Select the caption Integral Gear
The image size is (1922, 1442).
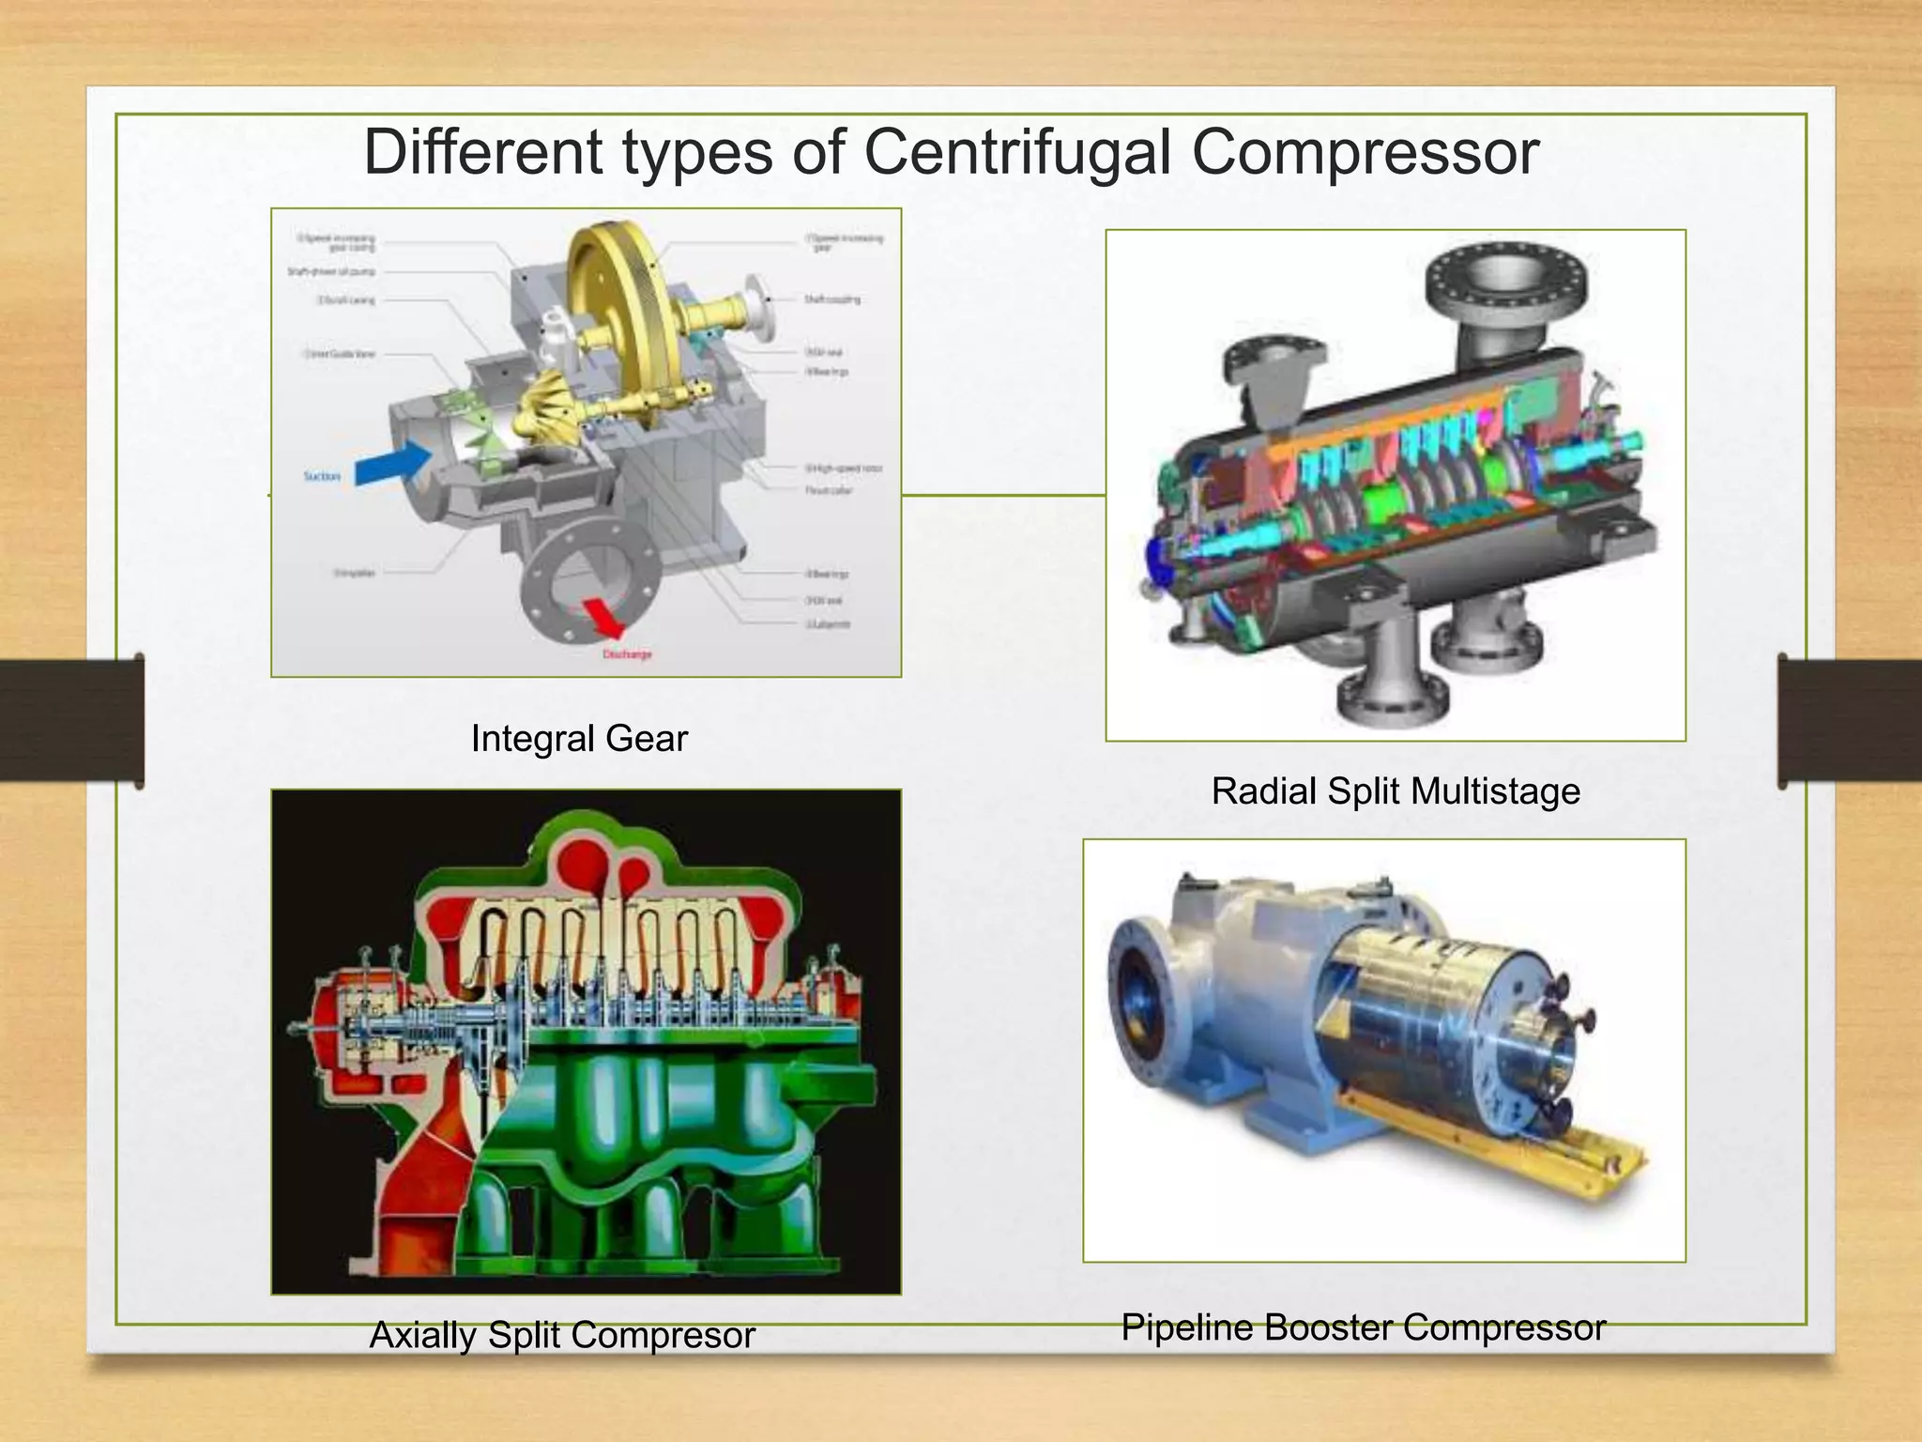click(579, 739)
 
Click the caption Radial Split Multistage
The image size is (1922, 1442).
click(1395, 791)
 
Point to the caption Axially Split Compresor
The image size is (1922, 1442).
click(562, 1334)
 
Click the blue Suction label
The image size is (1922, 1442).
click(322, 477)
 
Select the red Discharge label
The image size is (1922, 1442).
click(627, 654)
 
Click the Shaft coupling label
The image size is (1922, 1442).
click(831, 299)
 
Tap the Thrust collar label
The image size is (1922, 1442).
click(828, 491)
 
